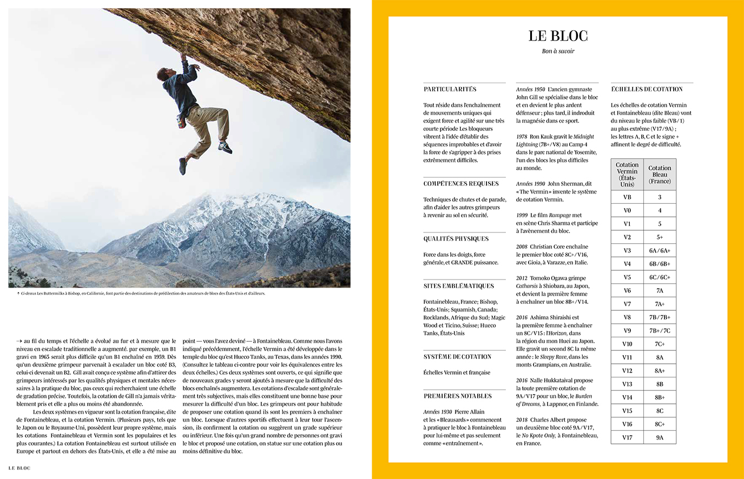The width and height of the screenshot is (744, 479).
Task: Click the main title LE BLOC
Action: click(x=558, y=36)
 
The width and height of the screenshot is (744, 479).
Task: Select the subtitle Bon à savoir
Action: click(x=558, y=51)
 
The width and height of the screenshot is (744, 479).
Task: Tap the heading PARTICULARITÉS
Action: click(x=450, y=89)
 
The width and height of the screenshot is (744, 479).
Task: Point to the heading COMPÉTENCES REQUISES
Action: click(x=460, y=184)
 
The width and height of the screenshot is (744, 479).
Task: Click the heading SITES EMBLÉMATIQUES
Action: click(x=458, y=286)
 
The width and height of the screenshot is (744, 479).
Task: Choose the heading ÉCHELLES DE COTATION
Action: click(x=647, y=89)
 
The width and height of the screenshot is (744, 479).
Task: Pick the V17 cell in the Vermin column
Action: click(x=627, y=437)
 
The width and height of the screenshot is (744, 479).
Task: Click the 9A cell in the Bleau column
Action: click(x=660, y=437)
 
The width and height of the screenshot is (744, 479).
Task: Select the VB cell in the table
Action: click(x=627, y=197)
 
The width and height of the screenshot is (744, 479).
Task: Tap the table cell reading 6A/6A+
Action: click(x=660, y=250)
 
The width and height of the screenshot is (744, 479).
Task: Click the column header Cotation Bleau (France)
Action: click(x=660, y=174)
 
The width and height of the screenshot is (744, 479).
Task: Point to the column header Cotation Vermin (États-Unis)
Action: click(x=627, y=174)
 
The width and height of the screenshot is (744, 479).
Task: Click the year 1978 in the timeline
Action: click(x=522, y=137)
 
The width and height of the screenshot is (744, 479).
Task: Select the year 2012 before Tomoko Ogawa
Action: click(x=522, y=278)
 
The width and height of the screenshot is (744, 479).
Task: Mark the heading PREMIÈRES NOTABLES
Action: click(x=457, y=396)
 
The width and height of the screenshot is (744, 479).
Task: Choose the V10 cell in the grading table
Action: click(x=627, y=344)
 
